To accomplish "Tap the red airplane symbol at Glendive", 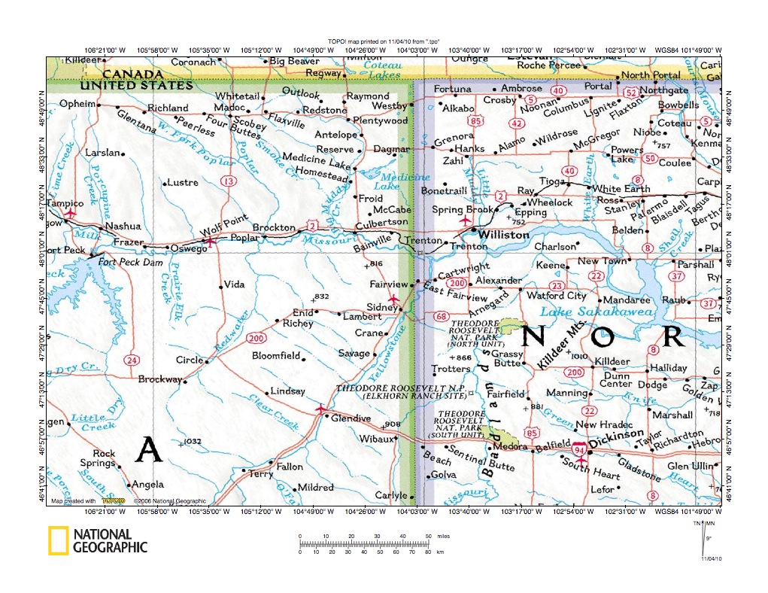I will click(x=321, y=409).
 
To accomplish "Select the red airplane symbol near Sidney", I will click(x=392, y=299).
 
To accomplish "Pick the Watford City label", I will click(x=556, y=296).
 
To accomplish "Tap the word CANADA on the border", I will click(x=132, y=75).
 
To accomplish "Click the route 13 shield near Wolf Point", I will click(x=228, y=181).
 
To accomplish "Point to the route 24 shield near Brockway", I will click(x=132, y=360).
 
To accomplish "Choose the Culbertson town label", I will click(x=381, y=222).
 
